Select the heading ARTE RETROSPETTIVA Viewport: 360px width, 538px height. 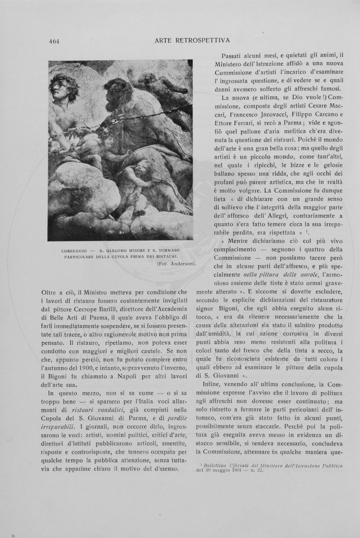click(x=192, y=40)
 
